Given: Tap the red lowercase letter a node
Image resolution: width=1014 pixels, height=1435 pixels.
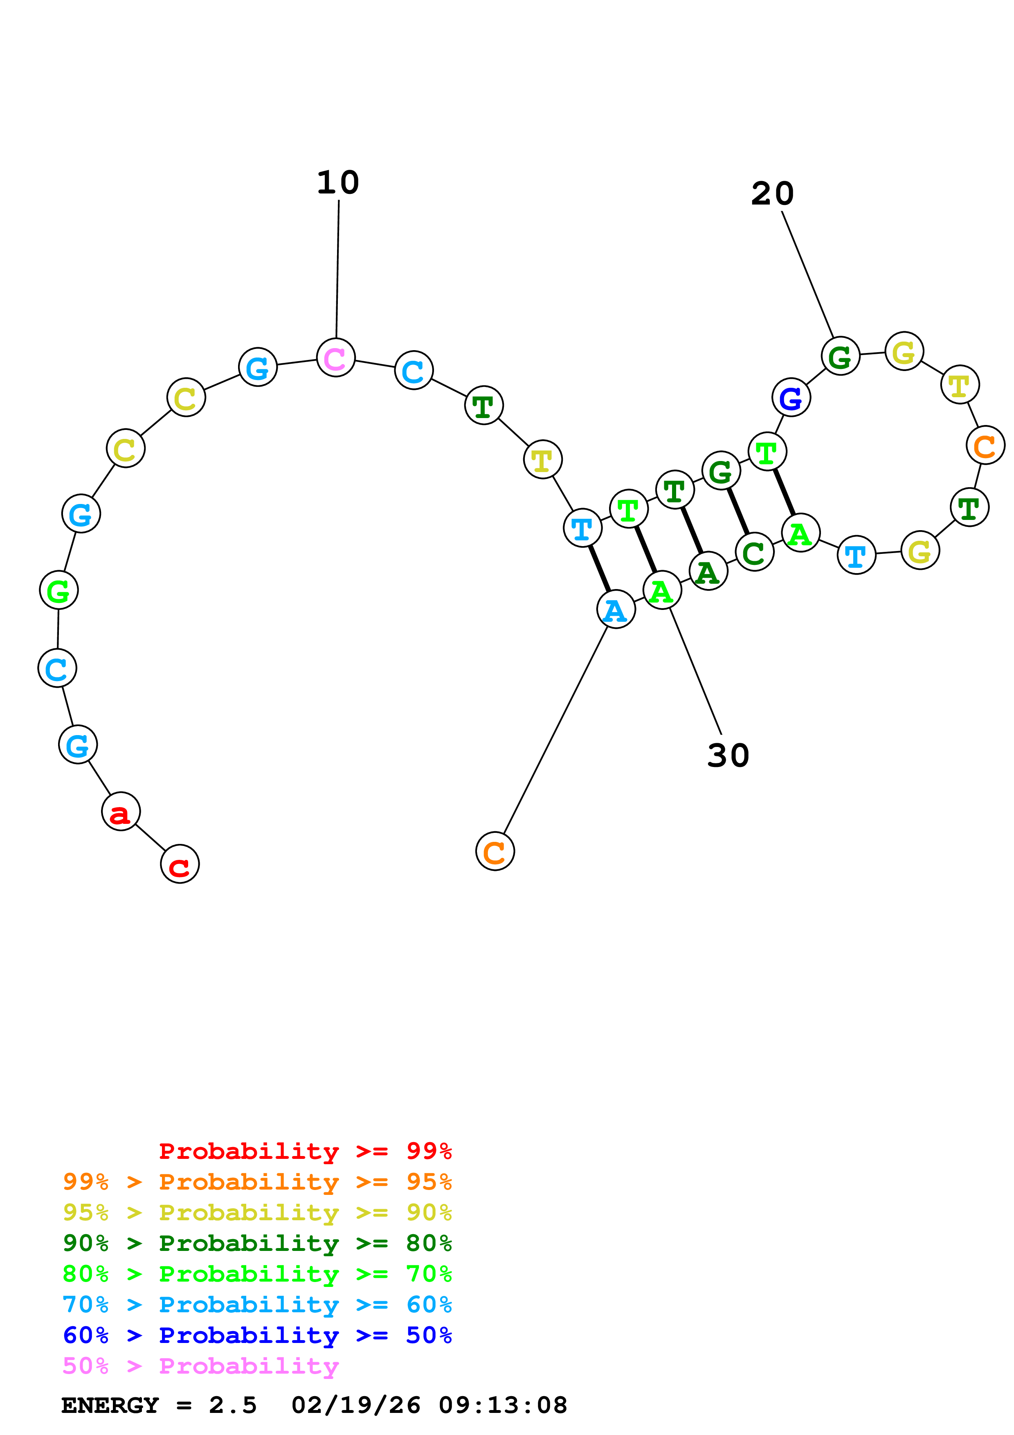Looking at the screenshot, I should (x=121, y=812).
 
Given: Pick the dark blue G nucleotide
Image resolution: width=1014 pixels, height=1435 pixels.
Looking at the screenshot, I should (x=791, y=398).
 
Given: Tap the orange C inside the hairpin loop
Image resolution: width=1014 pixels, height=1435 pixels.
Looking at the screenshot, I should (x=985, y=445).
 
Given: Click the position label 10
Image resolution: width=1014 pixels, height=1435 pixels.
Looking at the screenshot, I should (x=338, y=182).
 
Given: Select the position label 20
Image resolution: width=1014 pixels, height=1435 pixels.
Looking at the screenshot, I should (x=772, y=194).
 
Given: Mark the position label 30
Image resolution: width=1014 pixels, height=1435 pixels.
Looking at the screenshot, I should (x=728, y=756).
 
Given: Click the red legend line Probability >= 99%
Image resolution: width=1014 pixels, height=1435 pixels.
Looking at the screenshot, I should (x=305, y=1151).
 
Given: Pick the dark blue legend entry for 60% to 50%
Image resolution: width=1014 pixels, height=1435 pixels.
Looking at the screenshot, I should (x=257, y=1335).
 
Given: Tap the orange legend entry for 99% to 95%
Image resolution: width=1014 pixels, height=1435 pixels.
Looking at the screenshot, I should (x=257, y=1182).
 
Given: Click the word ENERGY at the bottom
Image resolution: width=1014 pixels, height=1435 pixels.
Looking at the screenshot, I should (x=110, y=1406).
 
